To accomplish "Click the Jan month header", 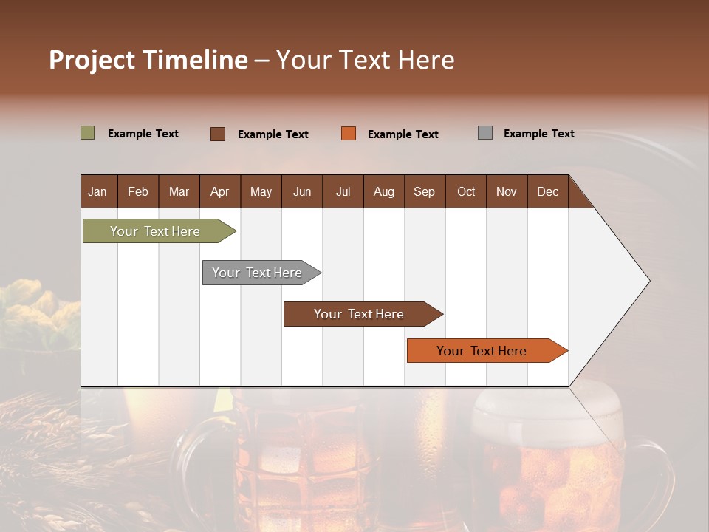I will click(x=97, y=191).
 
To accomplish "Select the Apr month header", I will click(x=219, y=191).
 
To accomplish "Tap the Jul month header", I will click(x=343, y=191).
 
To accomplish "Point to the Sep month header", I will click(x=424, y=191).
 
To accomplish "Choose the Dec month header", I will click(x=547, y=191).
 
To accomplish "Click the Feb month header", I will click(x=138, y=191).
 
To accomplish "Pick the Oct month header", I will click(x=466, y=191).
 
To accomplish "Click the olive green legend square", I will click(x=88, y=133).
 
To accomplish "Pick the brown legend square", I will click(x=218, y=134).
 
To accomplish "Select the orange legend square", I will click(x=349, y=134).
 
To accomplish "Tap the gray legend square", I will click(x=485, y=133).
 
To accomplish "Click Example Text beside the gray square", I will click(x=538, y=134).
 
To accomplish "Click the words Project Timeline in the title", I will click(x=148, y=60).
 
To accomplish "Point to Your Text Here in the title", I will click(x=366, y=60).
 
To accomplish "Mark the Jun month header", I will click(x=302, y=191).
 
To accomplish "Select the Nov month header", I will click(x=507, y=191).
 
